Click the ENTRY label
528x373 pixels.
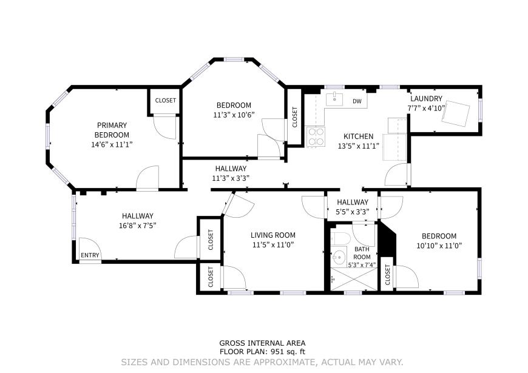90,255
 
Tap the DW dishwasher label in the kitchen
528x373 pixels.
357,101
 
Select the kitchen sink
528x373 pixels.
334,99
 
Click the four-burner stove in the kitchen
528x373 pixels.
316,136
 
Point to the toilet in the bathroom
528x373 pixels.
340,238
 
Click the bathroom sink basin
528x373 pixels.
339,258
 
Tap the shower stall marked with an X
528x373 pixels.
354,279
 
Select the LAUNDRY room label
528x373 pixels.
426,99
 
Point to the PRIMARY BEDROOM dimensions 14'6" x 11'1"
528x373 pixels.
112,145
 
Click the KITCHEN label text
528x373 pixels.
358,136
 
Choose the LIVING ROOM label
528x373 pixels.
273,235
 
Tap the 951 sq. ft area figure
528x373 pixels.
286,352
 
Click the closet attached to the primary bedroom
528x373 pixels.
165,101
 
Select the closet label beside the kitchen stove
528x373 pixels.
295,117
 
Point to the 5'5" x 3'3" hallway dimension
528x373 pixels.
353,212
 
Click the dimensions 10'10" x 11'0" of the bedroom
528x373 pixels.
439,246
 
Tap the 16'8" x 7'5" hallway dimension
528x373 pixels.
137,226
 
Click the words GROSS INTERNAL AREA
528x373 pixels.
262,343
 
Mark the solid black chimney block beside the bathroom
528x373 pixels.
387,239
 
